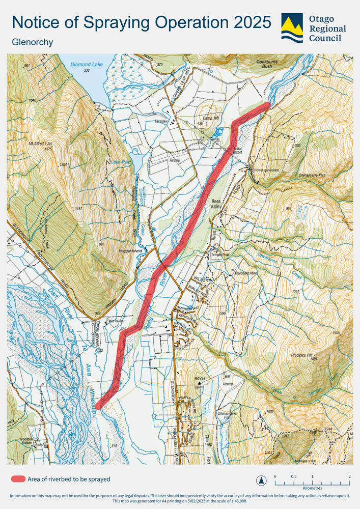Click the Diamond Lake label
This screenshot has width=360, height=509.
click(x=87, y=65)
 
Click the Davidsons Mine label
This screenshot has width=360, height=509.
click(x=247, y=273)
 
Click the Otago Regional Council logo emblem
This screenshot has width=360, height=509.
click(x=292, y=28)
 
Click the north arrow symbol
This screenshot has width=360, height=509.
click(x=261, y=480)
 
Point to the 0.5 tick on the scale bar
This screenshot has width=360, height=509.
click(x=294, y=476)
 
